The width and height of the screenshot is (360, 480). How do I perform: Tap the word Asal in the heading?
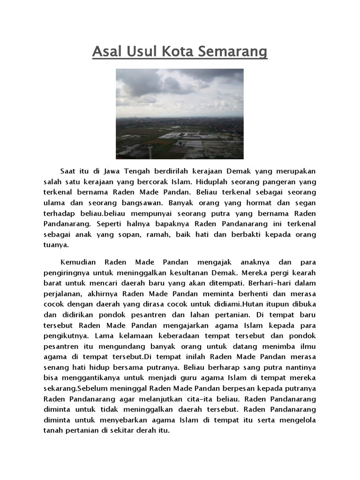107,51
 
